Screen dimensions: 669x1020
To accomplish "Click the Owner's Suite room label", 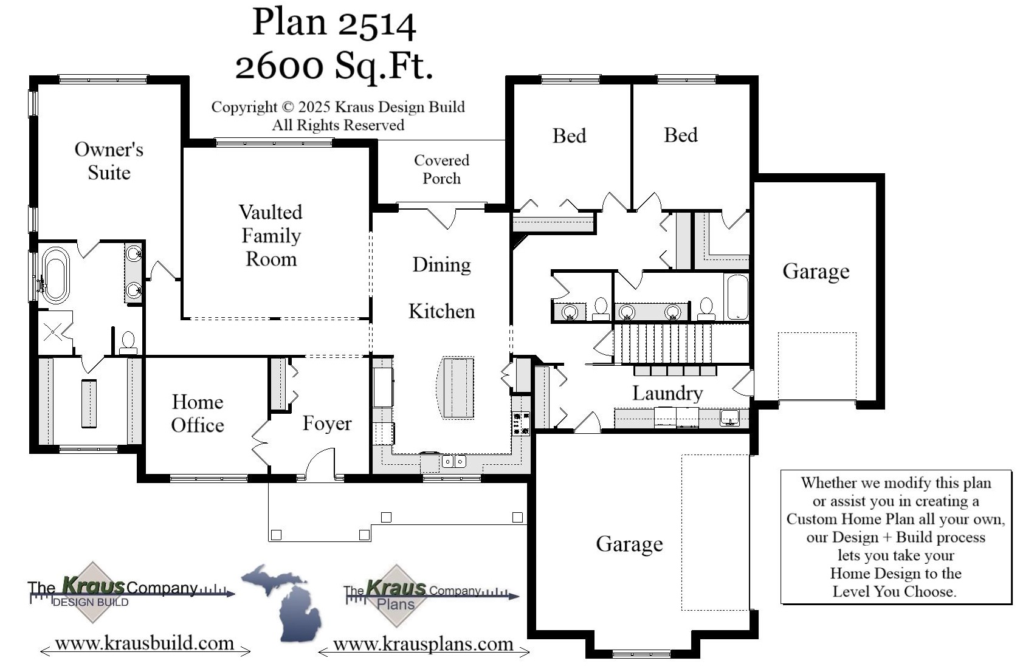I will click(x=109, y=161).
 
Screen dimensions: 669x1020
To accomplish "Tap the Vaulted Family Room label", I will click(x=271, y=236).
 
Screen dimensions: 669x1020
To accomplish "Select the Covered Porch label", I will click(x=441, y=169).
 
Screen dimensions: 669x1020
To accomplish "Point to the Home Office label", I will click(x=198, y=413).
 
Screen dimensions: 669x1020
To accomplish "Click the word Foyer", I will click(x=327, y=423).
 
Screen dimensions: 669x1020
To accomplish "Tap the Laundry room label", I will click(x=667, y=393).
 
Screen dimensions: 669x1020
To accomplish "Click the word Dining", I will click(x=441, y=265).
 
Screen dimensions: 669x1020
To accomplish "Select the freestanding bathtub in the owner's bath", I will click(x=55, y=275).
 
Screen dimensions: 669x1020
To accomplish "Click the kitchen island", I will click(x=458, y=388).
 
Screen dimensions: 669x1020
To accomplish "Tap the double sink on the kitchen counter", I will click(x=453, y=462).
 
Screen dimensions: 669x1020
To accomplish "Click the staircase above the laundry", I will click(x=663, y=344).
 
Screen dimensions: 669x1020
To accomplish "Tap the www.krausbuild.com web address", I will click(x=145, y=643).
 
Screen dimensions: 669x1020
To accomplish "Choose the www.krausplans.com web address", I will click(x=423, y=644).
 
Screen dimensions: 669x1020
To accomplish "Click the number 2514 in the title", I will click(x=376, y=23).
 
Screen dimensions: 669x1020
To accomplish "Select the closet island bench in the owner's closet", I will click(x=89, y=403).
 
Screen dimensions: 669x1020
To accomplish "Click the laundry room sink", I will click(x=729, y=417).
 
